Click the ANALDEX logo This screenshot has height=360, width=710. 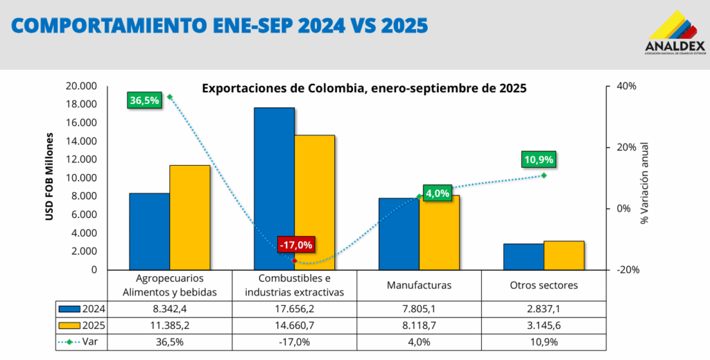pyautogui.click(x=674, y=32)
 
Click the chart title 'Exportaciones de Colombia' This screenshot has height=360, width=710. pyautogui.click(x=363, y=89)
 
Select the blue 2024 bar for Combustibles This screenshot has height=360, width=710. pyautogui.click(x=274, y=189)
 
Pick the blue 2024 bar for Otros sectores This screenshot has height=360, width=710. pyautogui.click(x=523, y=257)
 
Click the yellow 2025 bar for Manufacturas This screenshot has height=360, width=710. pyautogui.click(x=439, y=232)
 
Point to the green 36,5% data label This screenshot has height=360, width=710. pyautogui.click(x=145, y=101)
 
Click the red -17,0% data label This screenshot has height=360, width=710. pyautogui.click(x=295, y=245)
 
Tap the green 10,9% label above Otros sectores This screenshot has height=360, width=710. pyautogui.click(x=539, y=160)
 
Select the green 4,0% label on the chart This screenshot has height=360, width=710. pyautogui.click(x=438, y=194)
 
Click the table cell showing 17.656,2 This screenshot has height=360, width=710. pyautogui.click(x=295, y=308)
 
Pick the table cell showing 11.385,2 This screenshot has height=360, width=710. pyautogui.click(x=170, y=325)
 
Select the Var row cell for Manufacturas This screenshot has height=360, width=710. pyautogui.click(x=419, y=341)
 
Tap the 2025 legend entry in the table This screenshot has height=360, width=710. pyautogui.click(x=82, y=325)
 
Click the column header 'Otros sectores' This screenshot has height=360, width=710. pyautogui.click(x=544, y=285)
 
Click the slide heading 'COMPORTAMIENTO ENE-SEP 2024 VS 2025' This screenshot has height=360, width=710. pyautogui.click(x=220, y=26)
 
